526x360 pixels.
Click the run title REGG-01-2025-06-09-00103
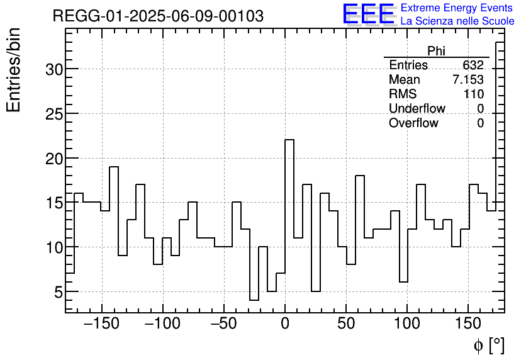point(158,16)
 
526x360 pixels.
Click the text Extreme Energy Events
point(456,8)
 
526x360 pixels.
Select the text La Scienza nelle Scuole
point(457,21)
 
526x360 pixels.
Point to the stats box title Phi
point(436,51)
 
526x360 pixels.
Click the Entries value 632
point(473,65)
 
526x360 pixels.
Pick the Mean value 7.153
point(467,80)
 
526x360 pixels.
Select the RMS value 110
point(473,94)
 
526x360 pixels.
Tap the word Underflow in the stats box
point(417,109)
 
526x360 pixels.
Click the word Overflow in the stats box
point(413,123)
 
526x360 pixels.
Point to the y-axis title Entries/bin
point(14,70)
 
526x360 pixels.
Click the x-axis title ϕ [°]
point(488,345)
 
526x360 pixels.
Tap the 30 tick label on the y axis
point(53,69)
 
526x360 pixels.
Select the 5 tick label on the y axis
point(58,292)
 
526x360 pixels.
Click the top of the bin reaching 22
point(289,140)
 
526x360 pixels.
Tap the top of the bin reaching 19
point(114,167)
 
